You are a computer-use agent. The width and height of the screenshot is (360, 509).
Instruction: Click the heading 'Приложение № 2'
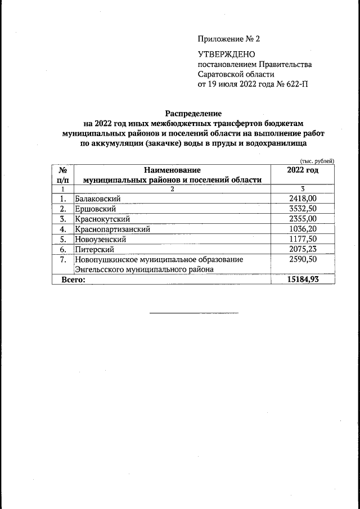[x=229, y=39]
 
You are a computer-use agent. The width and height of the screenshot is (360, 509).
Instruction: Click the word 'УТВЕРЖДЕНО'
[x=226, y=55]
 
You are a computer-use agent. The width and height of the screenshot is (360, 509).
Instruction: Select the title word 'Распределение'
[x=193, y=113]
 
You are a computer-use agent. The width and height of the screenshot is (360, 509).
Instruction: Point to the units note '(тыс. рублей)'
[x=317, y=161]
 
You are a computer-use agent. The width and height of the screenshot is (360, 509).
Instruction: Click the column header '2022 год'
[x=303, y=170]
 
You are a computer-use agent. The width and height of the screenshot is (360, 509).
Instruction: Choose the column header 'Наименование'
[x=172, y=170]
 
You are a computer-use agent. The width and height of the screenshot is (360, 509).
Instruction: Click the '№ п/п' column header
[x=63, y=174]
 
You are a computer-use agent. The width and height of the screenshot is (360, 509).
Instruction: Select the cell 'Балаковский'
[x=98, y=199]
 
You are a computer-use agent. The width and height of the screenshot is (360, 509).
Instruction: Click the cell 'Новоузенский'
[x=101, y=239]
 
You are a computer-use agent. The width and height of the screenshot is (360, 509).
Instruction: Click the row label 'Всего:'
[x=73, y=280]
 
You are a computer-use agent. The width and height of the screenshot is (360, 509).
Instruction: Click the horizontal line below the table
[x=193, y=313]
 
